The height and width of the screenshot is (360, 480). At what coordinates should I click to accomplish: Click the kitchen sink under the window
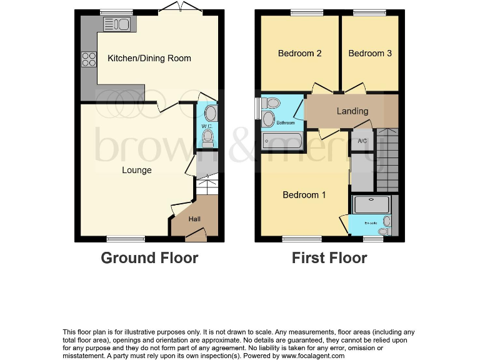pos(116,24)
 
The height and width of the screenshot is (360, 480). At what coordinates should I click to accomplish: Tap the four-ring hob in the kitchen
pos(88,59)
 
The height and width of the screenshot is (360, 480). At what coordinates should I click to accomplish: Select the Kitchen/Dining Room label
pos(149,58)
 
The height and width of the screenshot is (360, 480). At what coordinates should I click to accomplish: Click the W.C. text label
pos(207,126)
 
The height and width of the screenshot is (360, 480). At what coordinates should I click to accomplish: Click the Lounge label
pos(136,170)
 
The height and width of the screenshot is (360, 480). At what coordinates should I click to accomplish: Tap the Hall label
pos(195,219)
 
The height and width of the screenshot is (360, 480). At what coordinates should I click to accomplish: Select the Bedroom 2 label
pos(299,53)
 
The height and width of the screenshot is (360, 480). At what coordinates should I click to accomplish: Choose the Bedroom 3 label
pos(370,53)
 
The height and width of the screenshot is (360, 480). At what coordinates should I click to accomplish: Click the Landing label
pos(352,111)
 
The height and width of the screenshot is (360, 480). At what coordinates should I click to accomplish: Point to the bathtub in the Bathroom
pos(282,142)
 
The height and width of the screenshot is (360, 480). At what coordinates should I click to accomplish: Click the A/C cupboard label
pos(362,141)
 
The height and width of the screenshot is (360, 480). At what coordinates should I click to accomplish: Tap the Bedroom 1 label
pos(304,195)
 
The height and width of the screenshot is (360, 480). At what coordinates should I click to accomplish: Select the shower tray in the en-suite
pos(371,204)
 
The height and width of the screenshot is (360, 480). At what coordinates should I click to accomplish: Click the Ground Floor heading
pos(149,257)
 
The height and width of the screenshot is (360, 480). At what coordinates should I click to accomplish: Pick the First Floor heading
pos(329,257)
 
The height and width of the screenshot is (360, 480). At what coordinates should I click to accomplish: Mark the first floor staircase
pos(386,160)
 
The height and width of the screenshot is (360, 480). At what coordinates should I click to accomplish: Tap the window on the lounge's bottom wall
pos(126,238)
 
